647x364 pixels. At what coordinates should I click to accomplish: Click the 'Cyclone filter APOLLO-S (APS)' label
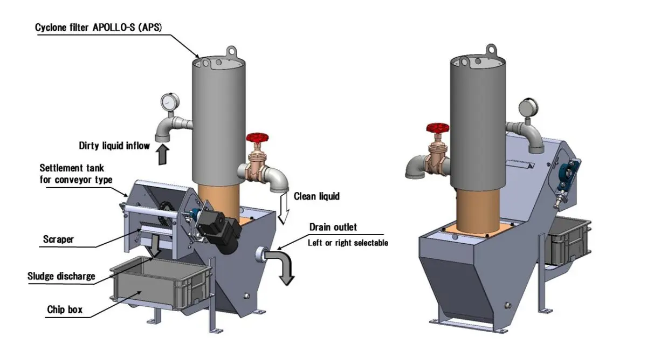click(x=100, y=27)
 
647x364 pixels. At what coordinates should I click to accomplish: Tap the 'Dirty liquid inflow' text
click(x=114, y=145)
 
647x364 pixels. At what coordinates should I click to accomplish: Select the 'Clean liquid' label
click(x=316, y=196)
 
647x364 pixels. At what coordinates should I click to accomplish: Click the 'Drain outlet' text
click(x=333, y=227)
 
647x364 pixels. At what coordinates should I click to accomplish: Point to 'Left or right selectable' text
click(x=348, y=243)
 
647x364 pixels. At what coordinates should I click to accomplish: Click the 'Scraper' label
click(x=58, y=239)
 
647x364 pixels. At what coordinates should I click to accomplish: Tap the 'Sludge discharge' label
click(x=61, y=277)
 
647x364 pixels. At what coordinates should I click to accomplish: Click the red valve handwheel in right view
click(x=437, y=129)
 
